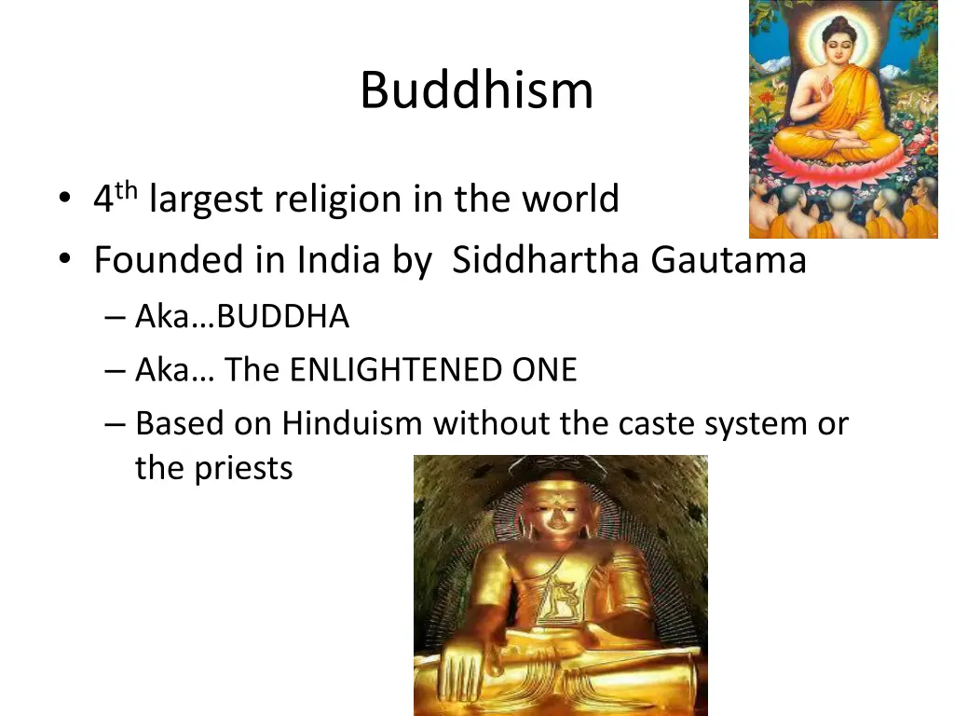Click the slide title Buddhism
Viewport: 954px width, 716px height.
476,90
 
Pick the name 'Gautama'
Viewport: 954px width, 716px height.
729,260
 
